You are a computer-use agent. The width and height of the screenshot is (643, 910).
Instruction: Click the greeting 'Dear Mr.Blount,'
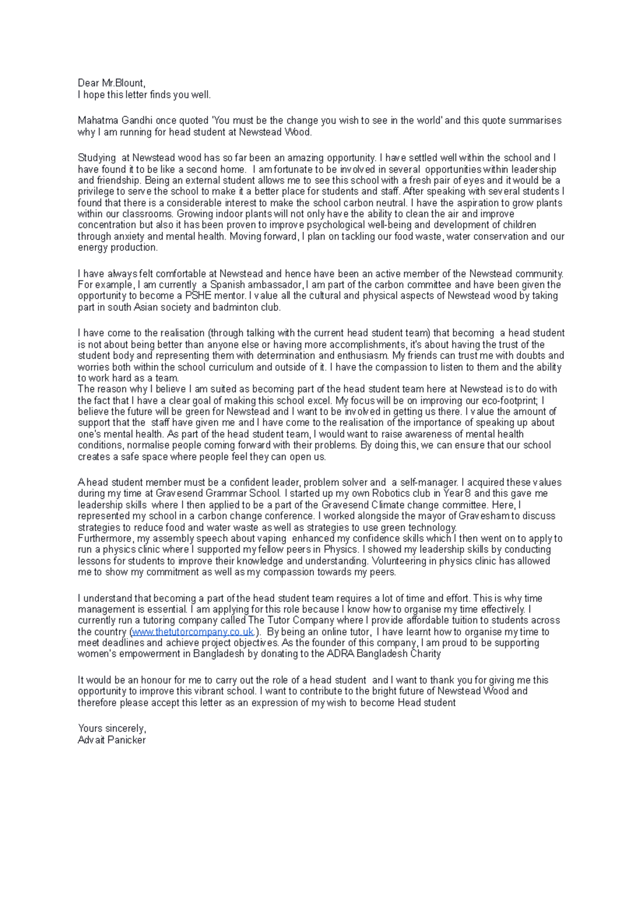click(x=111, y=83)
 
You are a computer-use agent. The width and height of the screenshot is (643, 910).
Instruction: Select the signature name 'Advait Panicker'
click(x=111, y=740)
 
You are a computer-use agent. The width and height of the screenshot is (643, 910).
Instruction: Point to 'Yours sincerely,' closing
click(x=111, y=728)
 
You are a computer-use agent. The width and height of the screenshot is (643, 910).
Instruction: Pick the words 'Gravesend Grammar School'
click(x=218, y=494)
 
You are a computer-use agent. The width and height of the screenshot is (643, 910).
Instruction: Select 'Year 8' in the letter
click(x=457, y=494)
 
